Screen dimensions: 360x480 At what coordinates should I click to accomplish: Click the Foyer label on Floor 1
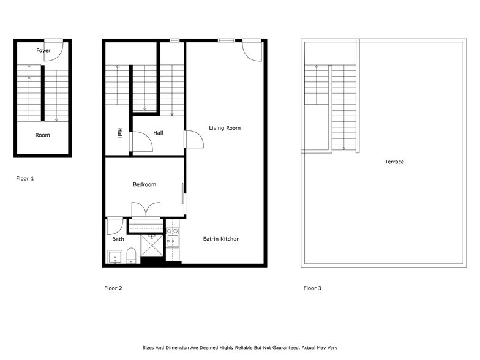[x=43, y=50]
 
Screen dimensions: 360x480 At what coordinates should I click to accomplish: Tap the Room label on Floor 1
[x=42, y=135]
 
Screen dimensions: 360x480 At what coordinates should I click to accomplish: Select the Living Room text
[x=225, y=128]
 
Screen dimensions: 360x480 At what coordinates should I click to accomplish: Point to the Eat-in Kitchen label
[x=221, y=239]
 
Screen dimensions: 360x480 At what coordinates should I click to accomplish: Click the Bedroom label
[x=144, y=184]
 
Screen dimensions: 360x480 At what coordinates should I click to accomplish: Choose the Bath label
[x=118, y=239]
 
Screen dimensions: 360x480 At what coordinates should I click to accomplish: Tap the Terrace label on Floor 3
[x=394, y=162]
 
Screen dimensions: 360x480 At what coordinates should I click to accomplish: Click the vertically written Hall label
[x=119, y=133]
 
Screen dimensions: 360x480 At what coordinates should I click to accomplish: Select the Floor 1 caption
[x=25, y=179]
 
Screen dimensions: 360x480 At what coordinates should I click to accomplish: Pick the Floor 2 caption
[x=114, y=288]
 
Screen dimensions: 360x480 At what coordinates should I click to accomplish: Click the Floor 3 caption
[x=312, y=288]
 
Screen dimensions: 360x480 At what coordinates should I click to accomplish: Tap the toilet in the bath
[x=131, y=255]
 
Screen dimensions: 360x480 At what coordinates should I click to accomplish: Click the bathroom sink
[x=114, y=257]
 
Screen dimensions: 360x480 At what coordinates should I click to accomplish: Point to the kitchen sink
[x=173, y=241]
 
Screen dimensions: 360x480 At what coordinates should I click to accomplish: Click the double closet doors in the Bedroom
[x=146, y=209]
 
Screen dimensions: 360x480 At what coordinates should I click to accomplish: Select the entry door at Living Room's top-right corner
[x=252, y=51]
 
